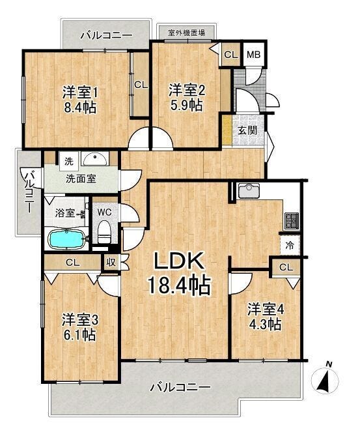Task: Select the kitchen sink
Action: (249, 190)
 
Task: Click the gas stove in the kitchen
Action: (292, 221)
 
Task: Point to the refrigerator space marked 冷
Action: (290, 245)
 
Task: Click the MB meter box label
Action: (254, 55)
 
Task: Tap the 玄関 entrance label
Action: (247, 130)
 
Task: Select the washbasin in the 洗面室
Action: (95, 159)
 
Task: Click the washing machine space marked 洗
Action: (69, 162)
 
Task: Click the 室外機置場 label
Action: (186, 33)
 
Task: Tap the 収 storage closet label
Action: (111, 263)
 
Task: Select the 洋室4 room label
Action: (266, 310)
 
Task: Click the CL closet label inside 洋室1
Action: (141, 85)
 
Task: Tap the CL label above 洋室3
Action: (73, 262)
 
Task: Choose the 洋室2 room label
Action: (187, 91)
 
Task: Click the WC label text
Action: (105, 212)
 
